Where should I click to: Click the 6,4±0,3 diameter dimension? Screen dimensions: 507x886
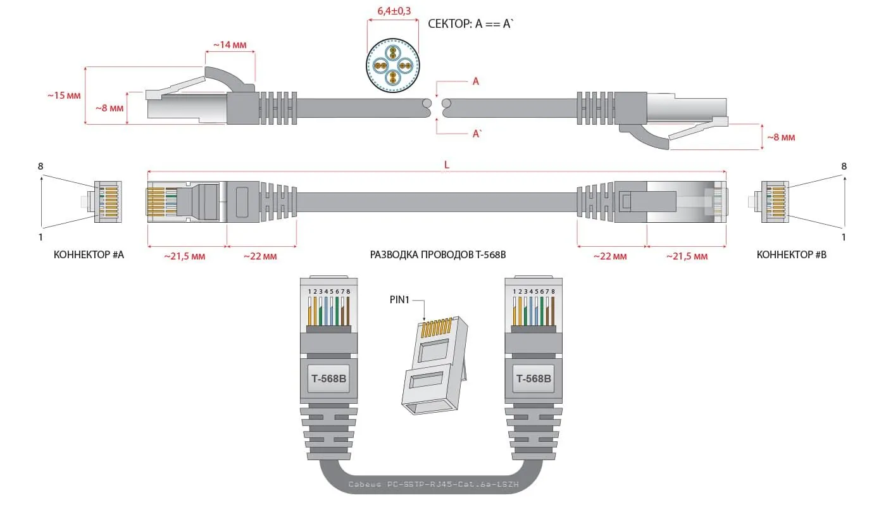click(x=392, y=12)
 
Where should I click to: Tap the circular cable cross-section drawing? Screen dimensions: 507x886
click(x=392, y=66)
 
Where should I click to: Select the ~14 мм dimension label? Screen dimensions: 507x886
click(x=229, y=45)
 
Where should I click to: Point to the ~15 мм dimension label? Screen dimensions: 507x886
click(x=64, y=96)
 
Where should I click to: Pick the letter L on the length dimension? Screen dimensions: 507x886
click(x=446, y=165)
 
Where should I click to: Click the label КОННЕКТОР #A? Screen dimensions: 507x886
click(x=89, y=255)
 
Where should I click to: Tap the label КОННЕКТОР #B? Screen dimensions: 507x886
click(x=791, y=255)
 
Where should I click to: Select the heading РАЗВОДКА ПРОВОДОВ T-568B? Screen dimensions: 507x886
click(x=438, y=255)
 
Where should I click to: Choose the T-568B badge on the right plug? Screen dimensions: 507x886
click(x=533, y=379)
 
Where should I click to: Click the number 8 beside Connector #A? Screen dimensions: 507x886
click(x=41, y=166)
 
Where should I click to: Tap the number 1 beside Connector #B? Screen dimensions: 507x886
click(x=843, y=237)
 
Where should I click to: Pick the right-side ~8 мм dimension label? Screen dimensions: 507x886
click(x=781, y=137)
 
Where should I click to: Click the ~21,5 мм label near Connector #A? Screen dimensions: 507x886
click(x=185, y=256)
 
